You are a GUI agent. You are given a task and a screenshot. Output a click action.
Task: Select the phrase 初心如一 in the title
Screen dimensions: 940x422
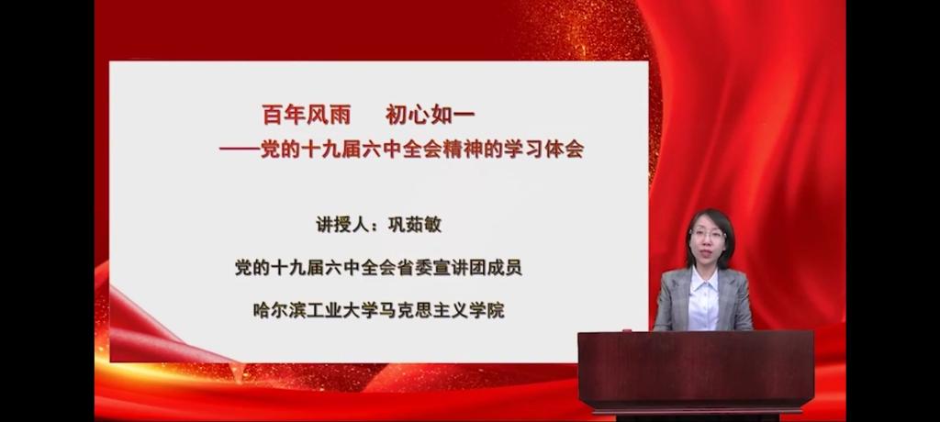coord(431,115)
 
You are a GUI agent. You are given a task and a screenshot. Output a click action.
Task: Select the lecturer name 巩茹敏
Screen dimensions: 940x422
coord(415,224)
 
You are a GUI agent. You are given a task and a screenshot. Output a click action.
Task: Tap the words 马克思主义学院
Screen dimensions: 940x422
coord(441,310)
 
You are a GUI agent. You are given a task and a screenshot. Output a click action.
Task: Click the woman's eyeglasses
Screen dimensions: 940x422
coord(708,234)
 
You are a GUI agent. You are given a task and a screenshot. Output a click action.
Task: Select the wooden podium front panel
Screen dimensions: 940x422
coord(696,371)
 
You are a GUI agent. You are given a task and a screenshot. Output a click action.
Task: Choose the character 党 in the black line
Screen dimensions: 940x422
coord(243,267)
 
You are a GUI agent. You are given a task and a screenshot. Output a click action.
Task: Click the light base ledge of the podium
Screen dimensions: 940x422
coord(698,412)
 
